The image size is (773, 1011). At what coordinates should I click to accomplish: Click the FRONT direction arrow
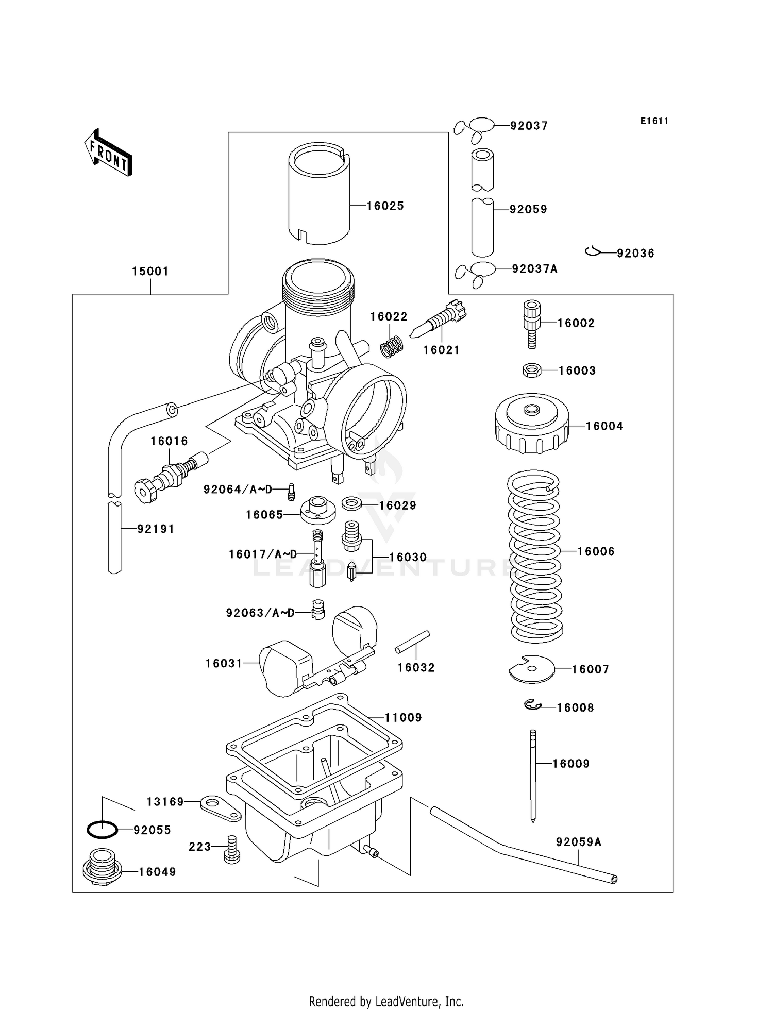pos(108,153)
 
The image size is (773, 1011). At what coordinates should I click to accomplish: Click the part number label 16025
pos(385,206)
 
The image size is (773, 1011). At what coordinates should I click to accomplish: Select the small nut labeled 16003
pos(531,370)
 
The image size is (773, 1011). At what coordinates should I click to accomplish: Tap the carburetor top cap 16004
pos(531,424)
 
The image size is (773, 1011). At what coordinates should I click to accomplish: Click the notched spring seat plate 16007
pos(531,669)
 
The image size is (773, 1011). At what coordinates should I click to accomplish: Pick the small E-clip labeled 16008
pos(532,705)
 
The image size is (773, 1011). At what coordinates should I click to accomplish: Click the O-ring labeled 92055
pos(102,830)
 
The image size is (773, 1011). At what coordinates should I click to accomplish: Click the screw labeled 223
pos(231,849)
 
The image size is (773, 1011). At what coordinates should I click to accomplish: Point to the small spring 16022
pos(392,346)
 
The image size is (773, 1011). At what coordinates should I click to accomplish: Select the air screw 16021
pos(440,320)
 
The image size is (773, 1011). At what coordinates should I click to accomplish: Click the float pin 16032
pos(412,642)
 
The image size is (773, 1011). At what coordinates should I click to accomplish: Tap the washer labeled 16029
pos(351,503)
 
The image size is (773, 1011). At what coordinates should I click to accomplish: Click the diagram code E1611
pos(654,121)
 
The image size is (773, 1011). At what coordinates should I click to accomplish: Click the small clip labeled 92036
pos(593,251)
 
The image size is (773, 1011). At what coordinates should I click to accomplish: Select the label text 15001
pos(150,271)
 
